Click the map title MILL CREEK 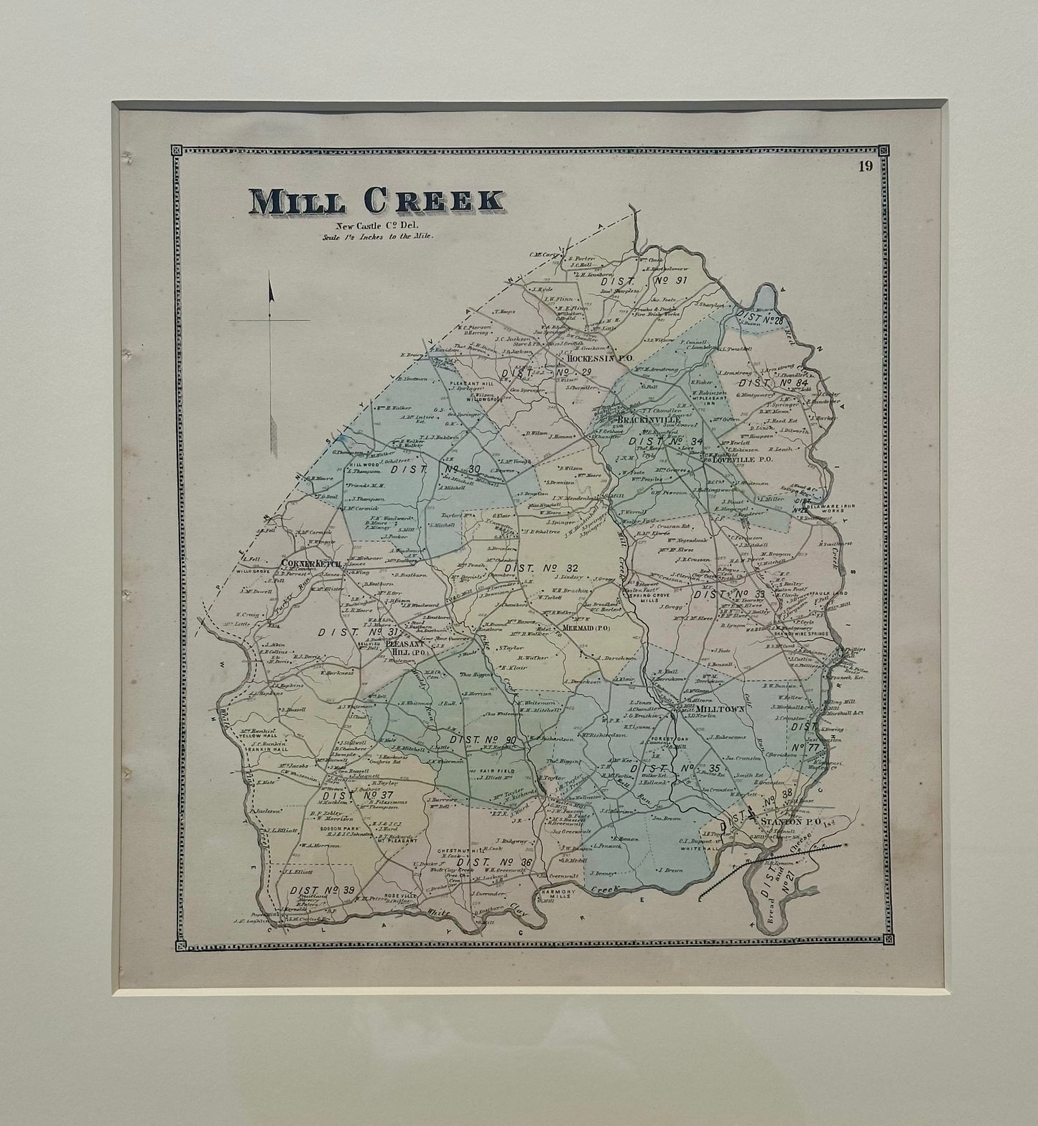tap(377, 202)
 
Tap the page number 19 tap(864, 167)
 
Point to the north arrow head tap(272, 291)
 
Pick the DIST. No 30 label tap(435, 469)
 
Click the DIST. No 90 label tap(482, 741)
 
